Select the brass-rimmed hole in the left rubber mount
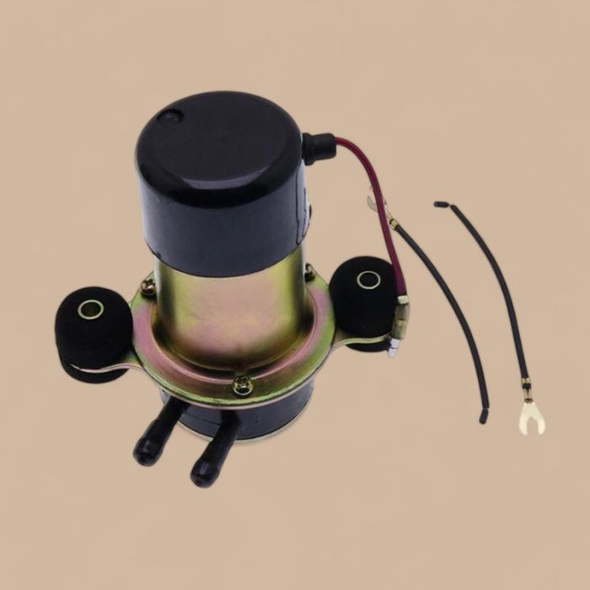click(90, 310)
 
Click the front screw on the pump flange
click(242, 386)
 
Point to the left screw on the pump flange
click(148, 287)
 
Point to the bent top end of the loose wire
click(441, 205)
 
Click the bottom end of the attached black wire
click(484, 415)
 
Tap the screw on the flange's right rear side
click(309, 272)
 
